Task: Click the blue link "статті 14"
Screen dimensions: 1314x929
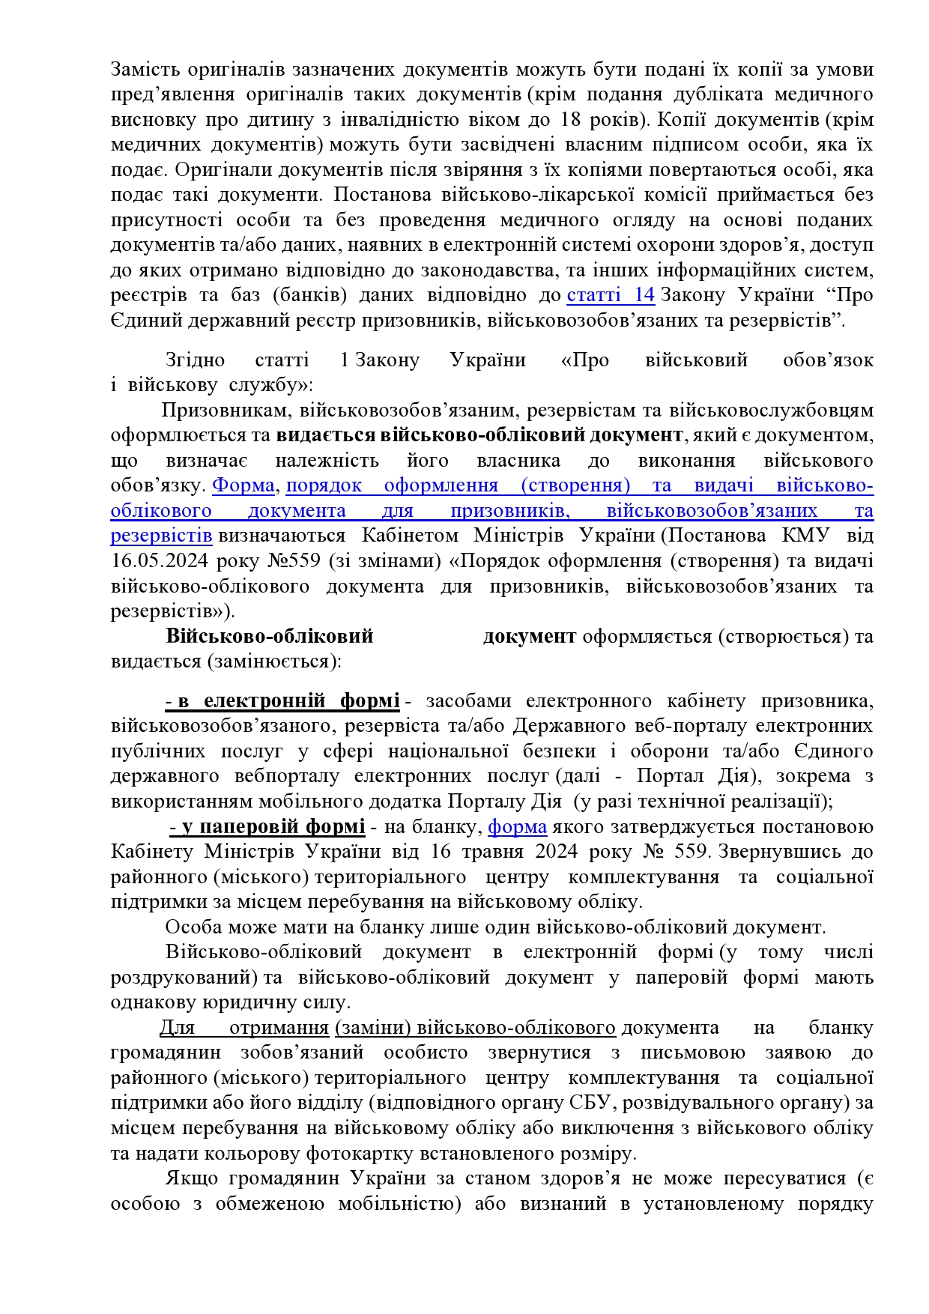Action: [611, 295]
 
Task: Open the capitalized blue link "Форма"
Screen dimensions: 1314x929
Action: [243, 485]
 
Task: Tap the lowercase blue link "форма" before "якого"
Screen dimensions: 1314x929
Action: [517, 827]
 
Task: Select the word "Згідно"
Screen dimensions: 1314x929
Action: [195, 360]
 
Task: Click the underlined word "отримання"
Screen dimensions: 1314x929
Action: [279, 1028]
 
